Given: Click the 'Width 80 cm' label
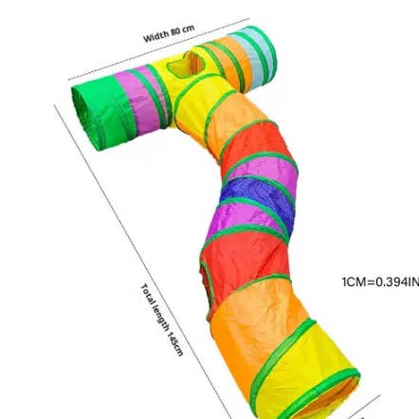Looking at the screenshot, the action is (x=169, y=33).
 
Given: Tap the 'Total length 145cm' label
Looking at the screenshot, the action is (x=161, y=319).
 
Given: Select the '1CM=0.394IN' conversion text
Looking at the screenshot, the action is (x=380, y=282).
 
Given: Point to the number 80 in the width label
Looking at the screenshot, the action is (x=174, y=32).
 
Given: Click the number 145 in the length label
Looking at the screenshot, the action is (x=173, y=338).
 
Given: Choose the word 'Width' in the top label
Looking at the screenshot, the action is (x=155, y=36).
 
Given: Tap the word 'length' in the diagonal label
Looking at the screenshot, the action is (x=161, y=319).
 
